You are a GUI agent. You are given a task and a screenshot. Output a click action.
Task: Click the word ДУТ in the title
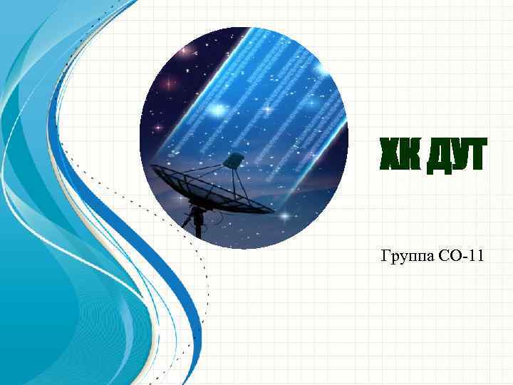[454, 157]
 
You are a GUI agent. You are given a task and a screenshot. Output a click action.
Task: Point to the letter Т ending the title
[475, 157]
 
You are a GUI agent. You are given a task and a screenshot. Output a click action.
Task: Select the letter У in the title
[455, 157]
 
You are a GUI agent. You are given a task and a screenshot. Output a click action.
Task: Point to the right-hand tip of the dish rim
[273, 211]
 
